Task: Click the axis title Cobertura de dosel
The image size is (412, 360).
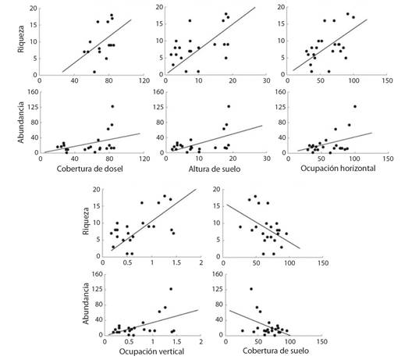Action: click(x=90, y=169)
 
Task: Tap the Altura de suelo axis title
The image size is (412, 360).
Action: click(x=215, y=169)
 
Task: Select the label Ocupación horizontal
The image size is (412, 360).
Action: click(x=338, y=169)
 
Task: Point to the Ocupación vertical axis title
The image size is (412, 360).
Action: click(x=151, y=351)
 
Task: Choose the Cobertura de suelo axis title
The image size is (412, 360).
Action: click(x=276, y=351)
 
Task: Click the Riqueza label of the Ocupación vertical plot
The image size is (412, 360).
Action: click(x=86, y=221)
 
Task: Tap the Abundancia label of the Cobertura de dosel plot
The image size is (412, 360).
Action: click(x=21, y=123)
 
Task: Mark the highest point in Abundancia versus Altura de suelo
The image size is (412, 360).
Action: click(x=229, y=106)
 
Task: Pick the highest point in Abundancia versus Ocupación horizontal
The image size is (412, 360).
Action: click(x=355, y=106)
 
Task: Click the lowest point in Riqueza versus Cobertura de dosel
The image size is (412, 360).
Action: click(x=94, y=72)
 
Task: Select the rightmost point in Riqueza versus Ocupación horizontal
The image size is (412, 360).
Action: click(x=353, y=17)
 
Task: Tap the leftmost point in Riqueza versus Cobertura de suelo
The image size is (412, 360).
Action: click(x=240, y=226)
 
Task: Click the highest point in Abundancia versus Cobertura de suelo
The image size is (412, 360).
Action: click(x=251, y=289)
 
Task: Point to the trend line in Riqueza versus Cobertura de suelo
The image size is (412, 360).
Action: click(x=263, y=226)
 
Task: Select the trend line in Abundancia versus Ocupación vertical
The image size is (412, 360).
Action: click(x=153, y=323)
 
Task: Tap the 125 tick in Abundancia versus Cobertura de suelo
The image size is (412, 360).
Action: click(x=217, y=289)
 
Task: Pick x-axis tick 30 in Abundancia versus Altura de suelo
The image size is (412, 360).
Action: click(x=267, y=159)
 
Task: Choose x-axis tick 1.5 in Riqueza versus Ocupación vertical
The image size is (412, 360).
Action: click(x=177, y=262)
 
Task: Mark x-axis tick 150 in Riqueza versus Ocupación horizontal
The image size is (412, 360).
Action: click(x=387, y=80)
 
